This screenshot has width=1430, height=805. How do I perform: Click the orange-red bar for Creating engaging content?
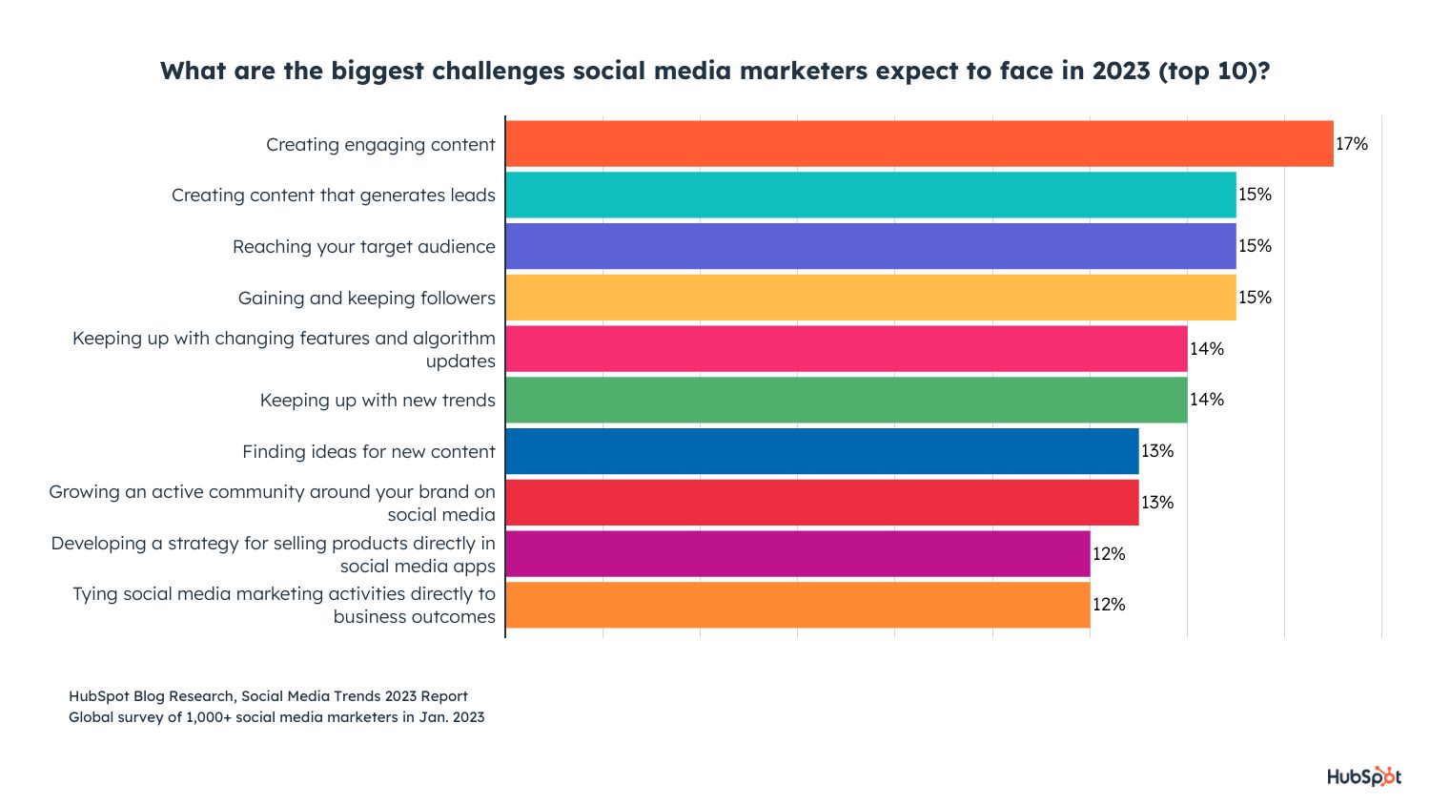coord(919,144)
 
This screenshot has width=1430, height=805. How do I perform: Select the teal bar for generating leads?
coord(870,195)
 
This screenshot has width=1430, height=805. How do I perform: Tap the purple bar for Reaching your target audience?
coord(870,246)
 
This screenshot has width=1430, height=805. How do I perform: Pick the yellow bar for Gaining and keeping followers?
coord(870,298)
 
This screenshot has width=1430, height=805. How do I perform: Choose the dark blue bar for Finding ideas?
coord(822,451)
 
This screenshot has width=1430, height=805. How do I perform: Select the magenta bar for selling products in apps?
coord(798,554)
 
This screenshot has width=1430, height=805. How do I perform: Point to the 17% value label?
coord(1352,144)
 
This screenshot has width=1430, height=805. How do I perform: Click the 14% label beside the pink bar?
coord(1207,349)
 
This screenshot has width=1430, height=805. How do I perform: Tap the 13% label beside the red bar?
coord(1158,503)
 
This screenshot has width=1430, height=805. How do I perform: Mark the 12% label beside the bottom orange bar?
coord(1109,605)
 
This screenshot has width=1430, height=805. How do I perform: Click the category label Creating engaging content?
coord(380,145)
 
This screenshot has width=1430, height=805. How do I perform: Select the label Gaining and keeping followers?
coord(367,299)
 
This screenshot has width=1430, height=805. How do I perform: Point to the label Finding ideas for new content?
coord(369,452)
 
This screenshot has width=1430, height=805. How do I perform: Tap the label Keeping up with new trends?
coord(378,401)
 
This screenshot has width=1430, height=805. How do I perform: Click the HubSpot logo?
coord(1364,777)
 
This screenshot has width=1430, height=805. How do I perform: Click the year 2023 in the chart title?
coord(1120,72)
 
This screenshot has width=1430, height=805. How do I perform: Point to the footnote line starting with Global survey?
coord(276,717)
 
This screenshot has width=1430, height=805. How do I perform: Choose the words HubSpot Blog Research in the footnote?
coord(151,696)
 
